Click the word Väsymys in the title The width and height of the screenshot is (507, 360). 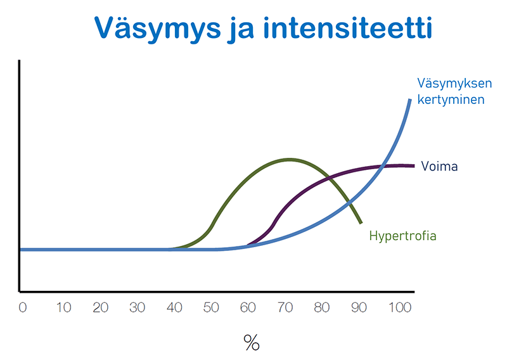[157, 29]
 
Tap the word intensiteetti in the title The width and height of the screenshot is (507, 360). [347, 27]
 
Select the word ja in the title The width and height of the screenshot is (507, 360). [241, 29]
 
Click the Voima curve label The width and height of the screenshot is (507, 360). [439, 166]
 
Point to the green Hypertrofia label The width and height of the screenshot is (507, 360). [402, 236]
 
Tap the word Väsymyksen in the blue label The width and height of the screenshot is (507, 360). [454, 84]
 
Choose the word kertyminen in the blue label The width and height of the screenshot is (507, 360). [451, 100]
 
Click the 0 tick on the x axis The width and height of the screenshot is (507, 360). [23, 307]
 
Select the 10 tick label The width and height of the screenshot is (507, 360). [64, 307]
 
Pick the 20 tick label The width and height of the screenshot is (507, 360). [101, 307]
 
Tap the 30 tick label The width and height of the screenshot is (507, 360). [137, 307]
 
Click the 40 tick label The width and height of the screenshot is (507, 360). [174, 307]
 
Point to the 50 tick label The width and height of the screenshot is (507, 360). [211, 307]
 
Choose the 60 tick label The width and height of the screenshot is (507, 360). [248, 307]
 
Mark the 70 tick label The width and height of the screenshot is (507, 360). [285, 307]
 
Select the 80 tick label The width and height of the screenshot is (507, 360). [322, 307]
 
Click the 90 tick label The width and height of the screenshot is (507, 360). [359, 307]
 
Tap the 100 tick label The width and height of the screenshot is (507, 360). [400, 307]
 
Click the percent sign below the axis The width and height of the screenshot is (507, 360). [252, 342]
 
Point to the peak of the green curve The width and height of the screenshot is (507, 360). [290, 159]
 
